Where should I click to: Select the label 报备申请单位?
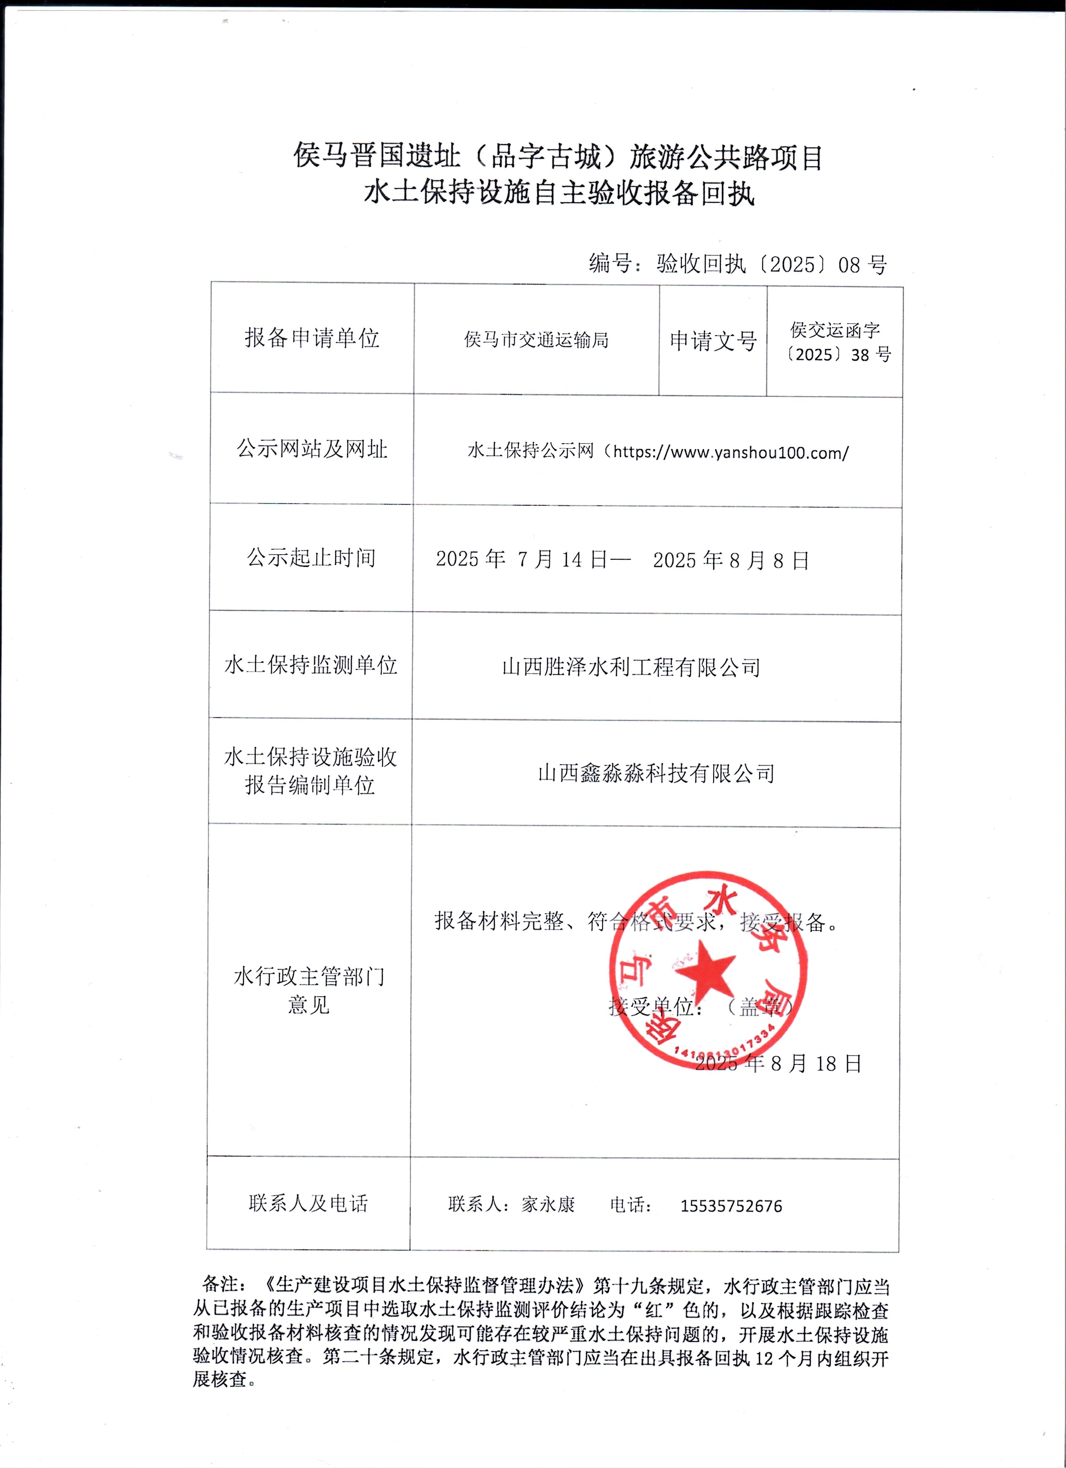point(311,338)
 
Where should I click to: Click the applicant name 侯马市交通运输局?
point(536,340)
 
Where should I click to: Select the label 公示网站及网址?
point(311,449)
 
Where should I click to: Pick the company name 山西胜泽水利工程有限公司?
point(631,667)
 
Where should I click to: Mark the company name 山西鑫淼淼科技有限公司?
point(656,773)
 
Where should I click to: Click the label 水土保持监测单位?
point(310,665)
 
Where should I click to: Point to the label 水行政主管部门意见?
point(309,990)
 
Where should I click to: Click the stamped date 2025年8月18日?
point(779,1063)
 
